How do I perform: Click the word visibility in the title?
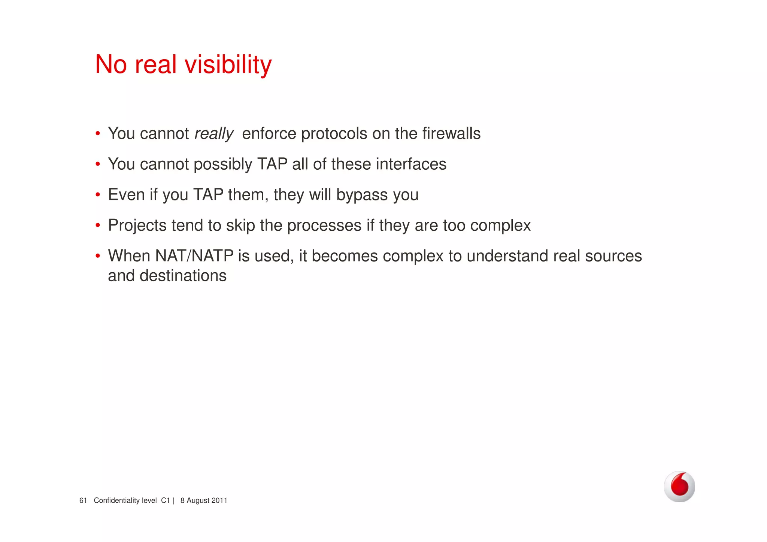(x=228, y=64)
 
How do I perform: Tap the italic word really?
(x=214, y=134)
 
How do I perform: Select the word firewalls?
(x=451, y=134)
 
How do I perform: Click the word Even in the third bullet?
(x=126, y=195)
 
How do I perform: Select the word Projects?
(x=137, y=226)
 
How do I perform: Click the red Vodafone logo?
(x=679, y=486)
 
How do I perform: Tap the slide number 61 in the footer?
(x=83, y=500)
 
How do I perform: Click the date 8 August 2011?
(x=204, y=500)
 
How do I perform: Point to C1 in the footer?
(x=166, y=500)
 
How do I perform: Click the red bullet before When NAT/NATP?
(x=98, y=256)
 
